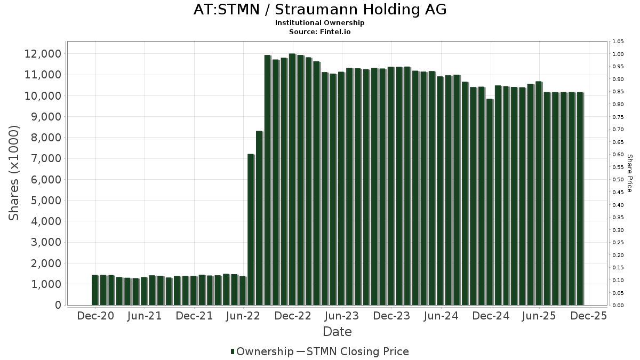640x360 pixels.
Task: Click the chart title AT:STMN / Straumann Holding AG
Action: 320,10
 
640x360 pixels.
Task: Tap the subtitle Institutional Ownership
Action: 320,23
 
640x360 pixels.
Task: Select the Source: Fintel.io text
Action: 320,32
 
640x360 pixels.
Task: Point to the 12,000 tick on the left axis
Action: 43,54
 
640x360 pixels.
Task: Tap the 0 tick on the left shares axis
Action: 58,305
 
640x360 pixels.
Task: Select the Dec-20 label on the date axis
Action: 95,316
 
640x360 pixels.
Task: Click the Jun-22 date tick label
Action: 243,316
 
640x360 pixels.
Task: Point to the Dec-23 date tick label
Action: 391,316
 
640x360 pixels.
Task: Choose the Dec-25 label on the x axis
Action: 588,316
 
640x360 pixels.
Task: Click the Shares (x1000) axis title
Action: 14,173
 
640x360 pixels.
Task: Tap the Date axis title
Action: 337,332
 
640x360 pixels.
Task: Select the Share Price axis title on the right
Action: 629,173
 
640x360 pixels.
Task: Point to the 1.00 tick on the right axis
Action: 618,54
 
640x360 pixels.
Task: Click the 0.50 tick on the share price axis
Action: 618,180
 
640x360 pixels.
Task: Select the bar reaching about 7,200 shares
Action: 251,229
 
